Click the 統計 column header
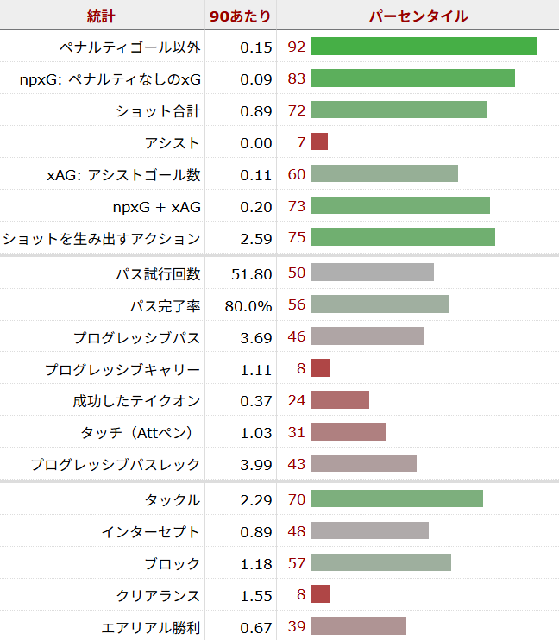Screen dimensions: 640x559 click(x=101, y=16)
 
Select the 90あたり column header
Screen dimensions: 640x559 click(x=240, y=16)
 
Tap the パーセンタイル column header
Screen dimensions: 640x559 click(x=418, y=16)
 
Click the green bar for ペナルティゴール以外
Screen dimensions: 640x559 click(x=423, y=47)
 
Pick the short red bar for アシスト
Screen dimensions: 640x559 click(x=319, y=142)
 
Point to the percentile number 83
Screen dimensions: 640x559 click(x=297, y=78)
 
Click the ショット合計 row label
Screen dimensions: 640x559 click(x=158, y=110)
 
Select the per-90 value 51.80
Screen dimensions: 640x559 click(x=252, y=273)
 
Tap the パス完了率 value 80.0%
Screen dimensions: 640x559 click(x=249, y=305)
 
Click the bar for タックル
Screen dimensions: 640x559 click(x=396, y=499)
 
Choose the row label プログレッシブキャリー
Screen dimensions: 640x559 click(x=122, y=369)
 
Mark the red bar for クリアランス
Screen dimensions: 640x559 click(x=320, y=595)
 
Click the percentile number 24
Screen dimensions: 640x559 click(x=297, y=401)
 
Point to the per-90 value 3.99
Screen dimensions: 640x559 click(x=256, y=465)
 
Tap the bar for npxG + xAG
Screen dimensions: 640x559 click(x=399, y=206)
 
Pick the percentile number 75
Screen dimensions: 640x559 click(x=297, y=238)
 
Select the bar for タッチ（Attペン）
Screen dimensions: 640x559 click(x=348, y=433)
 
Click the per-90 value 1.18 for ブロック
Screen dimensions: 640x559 click(x=256, y=563)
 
